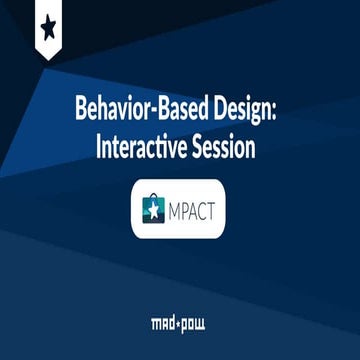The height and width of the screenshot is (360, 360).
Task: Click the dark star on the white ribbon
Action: pos(48,24)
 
